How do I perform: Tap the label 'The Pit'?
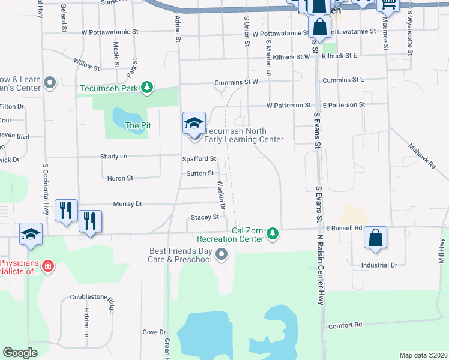(x=137, y=125)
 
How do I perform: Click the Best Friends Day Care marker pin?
(x=222, y=254)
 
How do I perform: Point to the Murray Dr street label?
(x=130, y=204)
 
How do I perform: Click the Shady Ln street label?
(x=114, y=156)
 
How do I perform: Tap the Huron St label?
(x=120, y=178)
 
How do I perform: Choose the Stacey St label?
(x=205, y=217)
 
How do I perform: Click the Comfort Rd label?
(x=345, y=325)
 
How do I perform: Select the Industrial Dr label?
(x=379, y=265)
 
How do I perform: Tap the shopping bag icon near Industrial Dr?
(x=375, y=238)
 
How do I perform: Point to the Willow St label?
(x=86, y=62)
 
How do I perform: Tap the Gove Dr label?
(x=154, y=332)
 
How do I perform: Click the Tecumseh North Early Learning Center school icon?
(x=194, y=124)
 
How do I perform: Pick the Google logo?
(x=20, y=353)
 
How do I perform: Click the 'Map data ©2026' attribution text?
(x=423, y=355)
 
